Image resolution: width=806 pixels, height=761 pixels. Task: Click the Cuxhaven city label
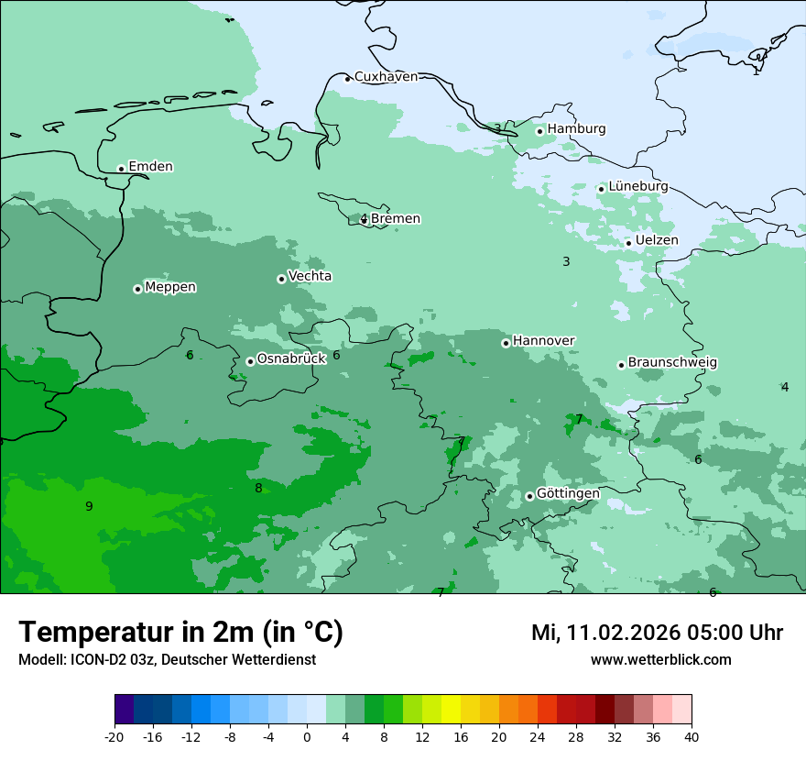[386, 77]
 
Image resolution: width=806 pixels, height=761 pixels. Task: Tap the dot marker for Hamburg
[539, 131]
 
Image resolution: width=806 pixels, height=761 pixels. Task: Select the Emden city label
[150, 167]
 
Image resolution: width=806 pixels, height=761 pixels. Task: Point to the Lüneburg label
[637, 186]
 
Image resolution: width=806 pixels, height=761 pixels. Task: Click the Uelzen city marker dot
[628, 243]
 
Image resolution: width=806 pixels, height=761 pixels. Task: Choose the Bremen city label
[395, 219]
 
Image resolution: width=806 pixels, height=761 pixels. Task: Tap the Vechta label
[310, 276]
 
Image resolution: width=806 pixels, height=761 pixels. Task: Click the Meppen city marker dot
[137, 289]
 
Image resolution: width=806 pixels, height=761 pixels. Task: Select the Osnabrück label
[291, 359]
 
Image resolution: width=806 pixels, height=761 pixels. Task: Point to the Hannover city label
[543, 341]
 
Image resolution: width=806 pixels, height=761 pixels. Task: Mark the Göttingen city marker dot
[529, 496]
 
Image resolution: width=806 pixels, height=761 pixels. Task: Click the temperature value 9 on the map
[89, 507]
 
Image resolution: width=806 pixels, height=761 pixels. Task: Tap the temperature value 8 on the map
[258, 489]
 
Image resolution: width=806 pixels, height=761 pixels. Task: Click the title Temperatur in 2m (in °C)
[180, 633]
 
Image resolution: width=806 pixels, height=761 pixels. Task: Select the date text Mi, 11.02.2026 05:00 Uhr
[657, 633]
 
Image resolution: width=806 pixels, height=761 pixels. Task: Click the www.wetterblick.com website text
[660, 660]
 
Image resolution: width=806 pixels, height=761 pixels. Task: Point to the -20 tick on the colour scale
[114, 736]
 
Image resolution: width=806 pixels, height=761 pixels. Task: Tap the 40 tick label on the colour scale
[691, 736]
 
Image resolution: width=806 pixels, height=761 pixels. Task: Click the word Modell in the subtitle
[40, 660]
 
